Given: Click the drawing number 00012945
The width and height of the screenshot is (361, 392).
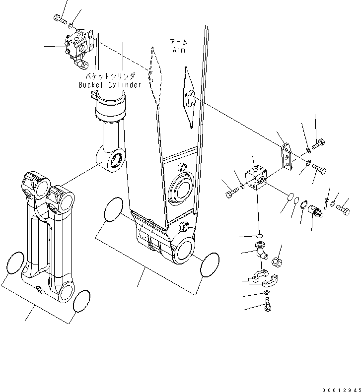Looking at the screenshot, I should tap(339, 386).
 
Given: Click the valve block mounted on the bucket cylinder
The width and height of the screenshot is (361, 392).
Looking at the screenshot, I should tap(78, 43).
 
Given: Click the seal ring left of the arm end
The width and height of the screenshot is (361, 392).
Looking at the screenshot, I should tap(115, 211).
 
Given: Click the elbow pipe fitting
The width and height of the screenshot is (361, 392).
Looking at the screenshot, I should tap(262, 251).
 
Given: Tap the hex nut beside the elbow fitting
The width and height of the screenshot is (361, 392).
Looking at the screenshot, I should tap(278, 261).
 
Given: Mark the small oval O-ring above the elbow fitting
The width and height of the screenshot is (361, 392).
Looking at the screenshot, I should tap(260, 234).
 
